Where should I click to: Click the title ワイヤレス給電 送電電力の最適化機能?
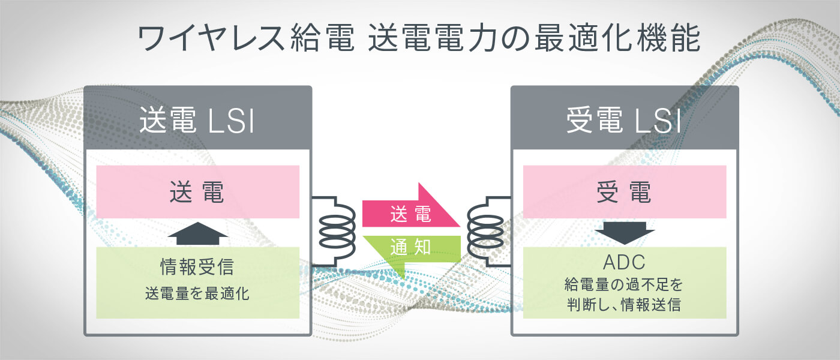419,39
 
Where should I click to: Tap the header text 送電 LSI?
197,122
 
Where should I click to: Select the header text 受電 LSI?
624,122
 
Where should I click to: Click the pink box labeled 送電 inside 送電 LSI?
197,192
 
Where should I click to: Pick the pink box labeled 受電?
625,192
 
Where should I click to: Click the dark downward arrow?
625,233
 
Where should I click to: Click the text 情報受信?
197,265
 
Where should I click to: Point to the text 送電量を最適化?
197,294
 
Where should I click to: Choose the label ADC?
625,263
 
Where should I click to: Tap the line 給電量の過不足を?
625,283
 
